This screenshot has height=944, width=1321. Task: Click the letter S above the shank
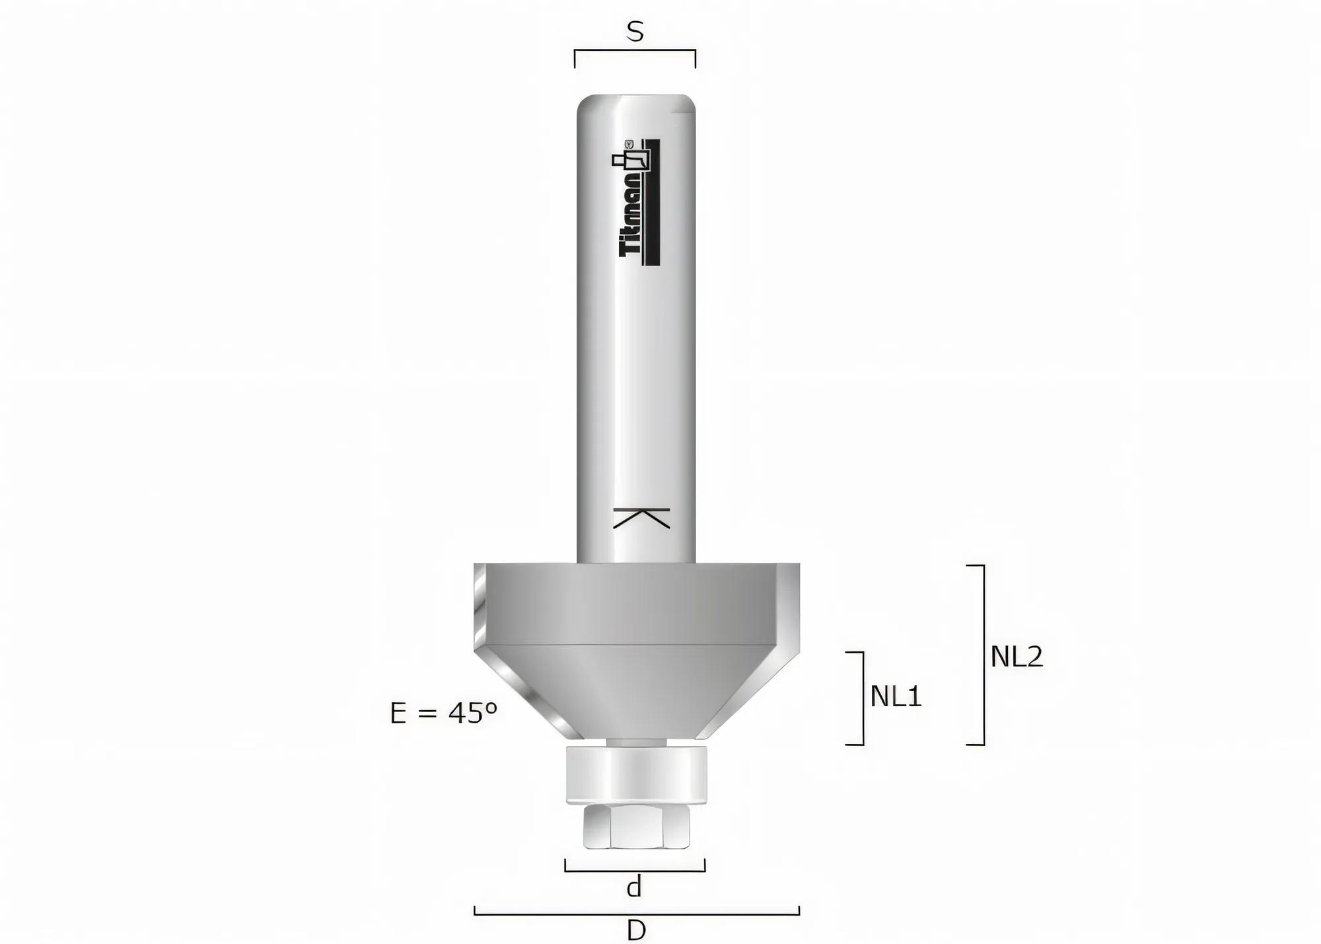(x=635, y=32)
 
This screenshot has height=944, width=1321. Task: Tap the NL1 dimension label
(x=896, y=696)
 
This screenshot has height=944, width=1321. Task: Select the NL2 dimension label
(x=1017, y=656)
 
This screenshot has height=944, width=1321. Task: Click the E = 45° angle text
(x=443, y=713)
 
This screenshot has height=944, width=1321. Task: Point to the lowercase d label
(x=634, y=887)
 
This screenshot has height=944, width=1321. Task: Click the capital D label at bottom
(x=636, y=930)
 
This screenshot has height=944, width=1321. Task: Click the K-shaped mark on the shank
(x=641, y=518)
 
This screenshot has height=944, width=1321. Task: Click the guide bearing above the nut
(x=637, y=774)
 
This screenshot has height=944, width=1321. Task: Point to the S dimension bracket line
(x=635, y=50)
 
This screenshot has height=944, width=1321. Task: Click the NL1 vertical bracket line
(x=863, y=698)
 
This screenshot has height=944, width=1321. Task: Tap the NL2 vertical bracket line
(x=983, y=654)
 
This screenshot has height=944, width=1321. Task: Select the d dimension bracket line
(x=635, y=871)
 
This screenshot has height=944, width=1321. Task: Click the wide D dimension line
(x=637, y=914)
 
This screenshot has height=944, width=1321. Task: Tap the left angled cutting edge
(x=528, y=695)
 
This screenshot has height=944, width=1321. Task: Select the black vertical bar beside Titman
(x=656, y=201)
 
